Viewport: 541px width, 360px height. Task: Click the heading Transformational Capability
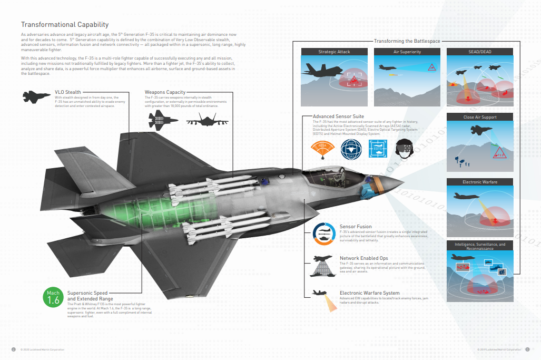click(65, 24)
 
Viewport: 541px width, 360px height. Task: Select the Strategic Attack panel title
click(334, 52)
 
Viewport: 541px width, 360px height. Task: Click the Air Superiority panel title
click(407, 52)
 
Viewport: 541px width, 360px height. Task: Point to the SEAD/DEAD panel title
click(479, 52)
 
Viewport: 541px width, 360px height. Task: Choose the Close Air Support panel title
click(479, 117)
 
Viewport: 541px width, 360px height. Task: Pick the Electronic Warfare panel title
click(479, 182)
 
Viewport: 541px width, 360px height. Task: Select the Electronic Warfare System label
click(369, 293)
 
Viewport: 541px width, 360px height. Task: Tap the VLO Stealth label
click(68, 92)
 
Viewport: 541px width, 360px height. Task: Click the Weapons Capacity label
click(165, 92)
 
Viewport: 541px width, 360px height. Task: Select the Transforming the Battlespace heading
click(407, 41)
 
